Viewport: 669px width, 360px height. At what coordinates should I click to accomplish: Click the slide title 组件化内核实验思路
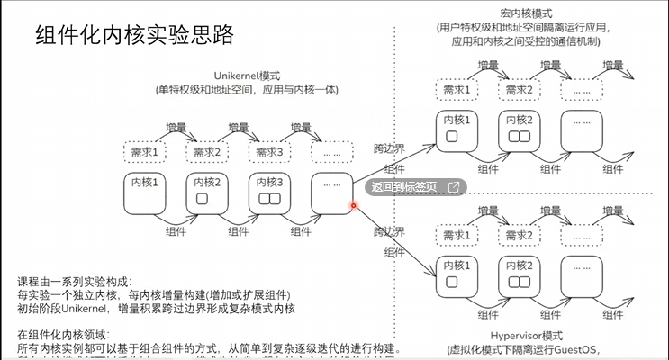pyautogui.click(x=134, y=35)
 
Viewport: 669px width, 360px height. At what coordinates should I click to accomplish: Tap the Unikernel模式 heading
pyautogui.click(x=249, y=76)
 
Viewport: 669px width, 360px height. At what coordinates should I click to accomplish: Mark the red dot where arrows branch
pyautogui.click(x=354, y=205)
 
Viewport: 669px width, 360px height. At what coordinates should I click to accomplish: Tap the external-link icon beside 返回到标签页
pyautogui.click(x=454, y=187)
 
